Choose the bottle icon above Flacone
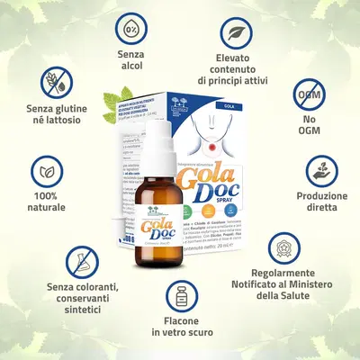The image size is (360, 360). click(x=181, y=297)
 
